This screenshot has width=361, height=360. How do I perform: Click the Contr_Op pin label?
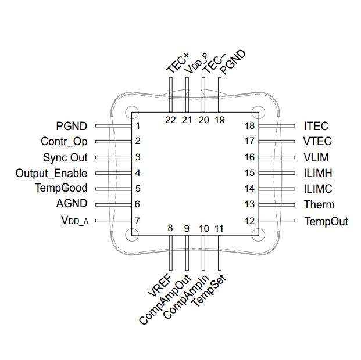(64, 141)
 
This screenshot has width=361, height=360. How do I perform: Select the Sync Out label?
(65, 157)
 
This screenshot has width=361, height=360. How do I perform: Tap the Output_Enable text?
(52, 173)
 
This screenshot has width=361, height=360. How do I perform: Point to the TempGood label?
(61, 188)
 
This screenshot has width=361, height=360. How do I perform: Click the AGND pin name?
(72, 204)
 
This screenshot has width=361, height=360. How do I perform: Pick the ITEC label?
(316, 126)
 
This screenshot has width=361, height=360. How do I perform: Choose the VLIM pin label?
(317, 157)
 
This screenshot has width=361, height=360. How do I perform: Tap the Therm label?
(319, 204)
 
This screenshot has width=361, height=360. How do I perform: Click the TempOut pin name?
(326, 221)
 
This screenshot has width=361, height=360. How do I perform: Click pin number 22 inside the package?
(170, 120)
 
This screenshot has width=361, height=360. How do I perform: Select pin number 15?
(249, 173)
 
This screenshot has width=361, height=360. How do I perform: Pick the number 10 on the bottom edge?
(203, 228)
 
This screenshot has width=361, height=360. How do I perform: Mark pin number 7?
(138, 221)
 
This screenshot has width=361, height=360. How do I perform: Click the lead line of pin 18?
(278, 125)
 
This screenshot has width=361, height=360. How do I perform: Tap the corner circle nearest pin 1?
(131, 112)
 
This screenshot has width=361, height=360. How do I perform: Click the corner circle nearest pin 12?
(257, 235)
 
